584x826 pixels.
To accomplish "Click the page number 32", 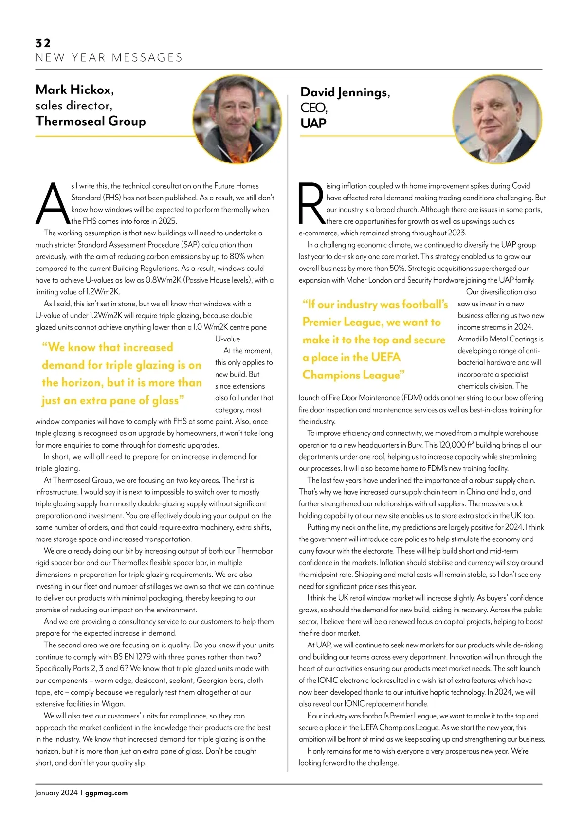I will coord(43,43).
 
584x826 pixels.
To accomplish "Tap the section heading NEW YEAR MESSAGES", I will coord(109,58).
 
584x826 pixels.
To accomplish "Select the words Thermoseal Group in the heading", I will coord(91,121).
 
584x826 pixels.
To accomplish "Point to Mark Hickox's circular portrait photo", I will coord(237,119).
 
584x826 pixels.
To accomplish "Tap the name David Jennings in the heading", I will coord(345,92).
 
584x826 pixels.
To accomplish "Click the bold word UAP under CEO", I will coord(313,124).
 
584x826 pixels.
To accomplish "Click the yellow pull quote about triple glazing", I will coord(121,374).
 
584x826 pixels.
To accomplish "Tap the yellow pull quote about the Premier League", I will coord(375,340).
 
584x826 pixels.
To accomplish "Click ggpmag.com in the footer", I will coord(106,793).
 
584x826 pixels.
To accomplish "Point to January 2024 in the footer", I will coord(56,793).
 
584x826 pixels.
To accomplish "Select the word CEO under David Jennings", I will coord(313,108).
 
